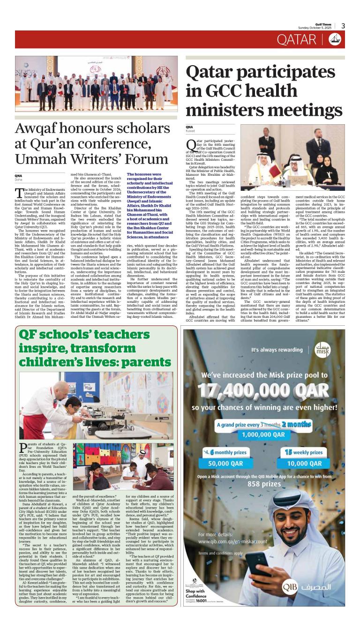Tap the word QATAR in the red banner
[297, 40]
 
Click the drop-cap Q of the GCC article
[191, 145]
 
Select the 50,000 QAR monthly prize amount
[228, 463]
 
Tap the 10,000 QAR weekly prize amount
[304, 463]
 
